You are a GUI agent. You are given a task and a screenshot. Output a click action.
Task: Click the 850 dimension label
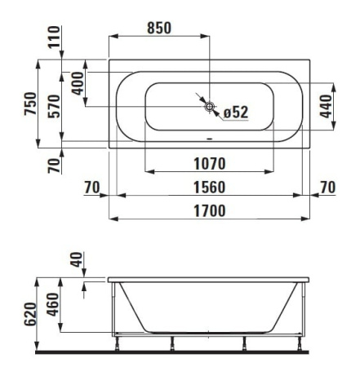158,28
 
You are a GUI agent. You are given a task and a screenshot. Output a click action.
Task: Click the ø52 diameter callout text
236,112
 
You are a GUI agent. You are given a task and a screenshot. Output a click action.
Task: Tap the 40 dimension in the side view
77,263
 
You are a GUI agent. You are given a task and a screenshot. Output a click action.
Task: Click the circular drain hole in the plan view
210,107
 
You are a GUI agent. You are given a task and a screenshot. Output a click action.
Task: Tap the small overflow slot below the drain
210,137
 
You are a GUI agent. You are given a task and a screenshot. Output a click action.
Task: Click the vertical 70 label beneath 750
54,166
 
